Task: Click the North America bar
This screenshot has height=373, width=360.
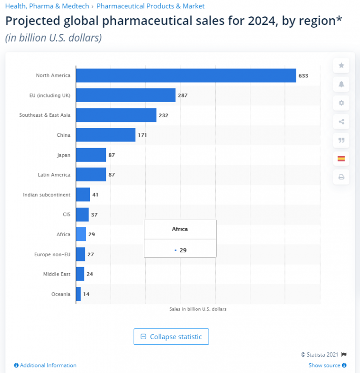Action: pyautogui.click(x=186, y=75)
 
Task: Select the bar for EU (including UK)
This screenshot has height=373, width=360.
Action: pyautogui.click(x=126, y=95)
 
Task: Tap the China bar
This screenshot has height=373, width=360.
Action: pyautogui.click(x=105, y=135)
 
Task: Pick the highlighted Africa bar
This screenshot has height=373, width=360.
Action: pyautogui.click(x=81, y=234)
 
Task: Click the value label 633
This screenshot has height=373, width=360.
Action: pyautogui.click(x=303, y=75)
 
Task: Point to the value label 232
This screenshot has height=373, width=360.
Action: pyautogui.click(x=163, y=115)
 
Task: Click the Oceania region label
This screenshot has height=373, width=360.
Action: pyautogui.click(x=61, y=294)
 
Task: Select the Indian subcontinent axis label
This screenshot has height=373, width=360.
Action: pyautogui.click(x=46, y=194)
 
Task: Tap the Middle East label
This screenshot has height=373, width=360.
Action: pyautogui.click(x=57, y=274)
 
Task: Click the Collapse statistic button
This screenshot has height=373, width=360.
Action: pyautogui.click(x=171, y=336)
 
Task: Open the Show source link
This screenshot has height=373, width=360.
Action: pyautogui.click(x=324, y=365)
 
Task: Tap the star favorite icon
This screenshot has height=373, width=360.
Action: pyautogui.click(x=341, y=66)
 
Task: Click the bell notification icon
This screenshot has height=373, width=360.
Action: pyautogui.click(x=341, y=84)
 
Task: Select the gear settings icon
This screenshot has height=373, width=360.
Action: pyautogui.click(x=341, y=103)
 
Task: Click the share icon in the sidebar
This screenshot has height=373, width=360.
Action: pyautogui.click(x=341, y=122)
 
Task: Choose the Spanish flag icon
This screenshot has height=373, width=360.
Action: pyautogui.click(x=341, y=159)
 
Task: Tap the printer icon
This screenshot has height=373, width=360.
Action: pyautogui.click(x=341, y=177)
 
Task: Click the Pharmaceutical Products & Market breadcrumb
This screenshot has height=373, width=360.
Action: pyautogui.click(x=150, y=7)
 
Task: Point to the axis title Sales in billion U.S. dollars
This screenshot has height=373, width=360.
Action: pyautogui.click(x=198, y=309)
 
